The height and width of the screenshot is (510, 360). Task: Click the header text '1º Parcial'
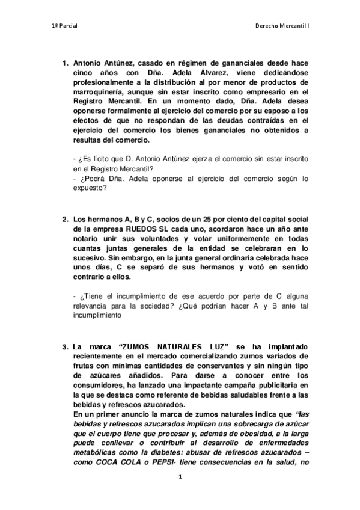(x=64, y=26)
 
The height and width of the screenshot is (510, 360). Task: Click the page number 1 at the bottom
(x=180, y=476)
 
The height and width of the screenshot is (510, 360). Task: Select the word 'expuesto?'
(x=89, y=188)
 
